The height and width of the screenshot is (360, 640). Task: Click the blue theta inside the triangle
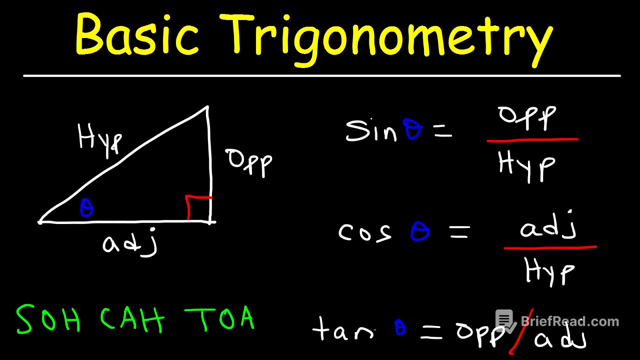[86, 208]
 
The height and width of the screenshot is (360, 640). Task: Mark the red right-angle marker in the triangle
[197, 206]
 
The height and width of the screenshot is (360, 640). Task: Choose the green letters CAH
[132, 320]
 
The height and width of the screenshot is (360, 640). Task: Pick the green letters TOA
[220, 318]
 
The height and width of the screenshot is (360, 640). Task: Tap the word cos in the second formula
[365, 232]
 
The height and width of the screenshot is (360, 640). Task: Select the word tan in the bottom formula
[342, 330]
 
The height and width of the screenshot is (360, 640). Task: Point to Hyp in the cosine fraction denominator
[549, 272]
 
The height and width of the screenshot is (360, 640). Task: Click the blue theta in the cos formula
[420, 232]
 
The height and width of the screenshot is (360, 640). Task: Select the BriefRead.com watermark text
[570, 321]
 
